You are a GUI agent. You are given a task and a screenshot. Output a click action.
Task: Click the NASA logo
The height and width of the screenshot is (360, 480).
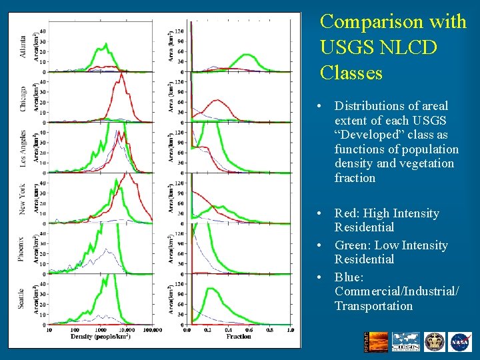460,342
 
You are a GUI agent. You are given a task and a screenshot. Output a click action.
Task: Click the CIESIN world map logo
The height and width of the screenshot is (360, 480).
405,342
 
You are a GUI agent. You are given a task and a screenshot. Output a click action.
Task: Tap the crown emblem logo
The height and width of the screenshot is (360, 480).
434,342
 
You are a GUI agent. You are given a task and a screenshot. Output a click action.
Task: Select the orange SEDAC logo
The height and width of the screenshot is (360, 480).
371,342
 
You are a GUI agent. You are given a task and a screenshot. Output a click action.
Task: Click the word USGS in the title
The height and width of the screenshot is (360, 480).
347,48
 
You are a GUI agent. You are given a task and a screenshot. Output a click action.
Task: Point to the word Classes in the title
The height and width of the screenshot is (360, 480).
351,72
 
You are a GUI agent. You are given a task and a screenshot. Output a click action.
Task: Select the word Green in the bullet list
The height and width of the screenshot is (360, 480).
352,245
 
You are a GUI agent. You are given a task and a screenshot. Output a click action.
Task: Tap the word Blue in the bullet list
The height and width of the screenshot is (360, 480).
349,277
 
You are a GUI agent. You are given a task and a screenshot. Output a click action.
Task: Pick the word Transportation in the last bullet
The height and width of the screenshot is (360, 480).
373,306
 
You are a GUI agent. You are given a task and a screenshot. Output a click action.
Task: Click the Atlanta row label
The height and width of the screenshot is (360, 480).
23,45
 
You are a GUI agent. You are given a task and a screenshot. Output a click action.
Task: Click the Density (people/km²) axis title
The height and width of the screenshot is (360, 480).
100,337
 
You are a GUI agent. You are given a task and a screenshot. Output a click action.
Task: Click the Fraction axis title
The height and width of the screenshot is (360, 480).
239,337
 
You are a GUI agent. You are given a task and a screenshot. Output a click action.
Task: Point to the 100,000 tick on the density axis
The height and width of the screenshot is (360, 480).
153,329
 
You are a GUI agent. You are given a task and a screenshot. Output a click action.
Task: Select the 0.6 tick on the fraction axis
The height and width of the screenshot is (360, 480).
249,329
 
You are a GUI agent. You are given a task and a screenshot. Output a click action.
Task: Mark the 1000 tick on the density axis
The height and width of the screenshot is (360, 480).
100,329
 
